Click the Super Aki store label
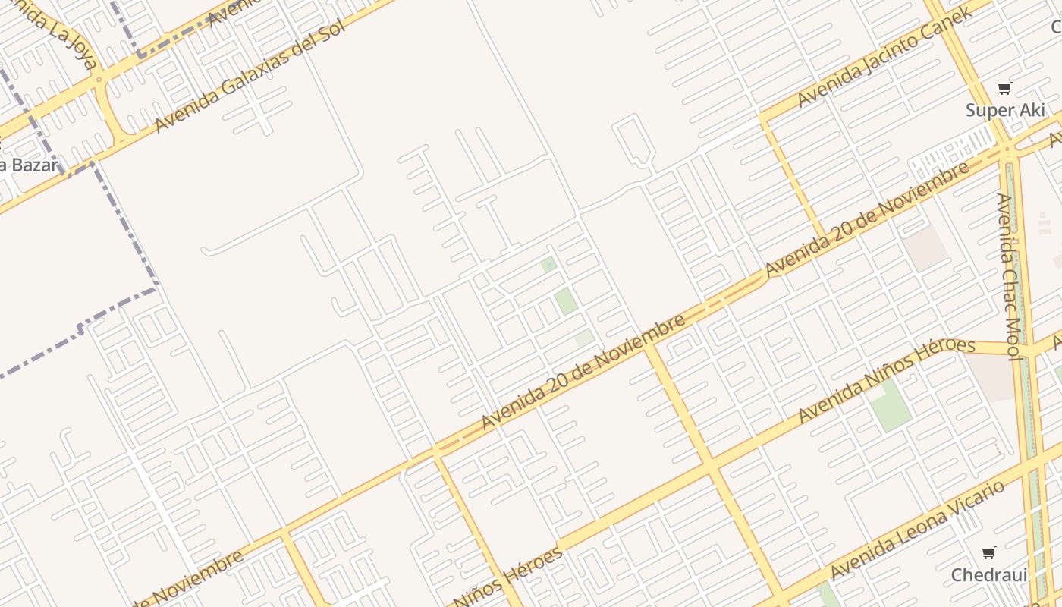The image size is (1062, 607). pos(1004,110)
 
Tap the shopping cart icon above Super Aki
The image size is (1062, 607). pos(1005,89)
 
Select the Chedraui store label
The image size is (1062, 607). pos(988,574)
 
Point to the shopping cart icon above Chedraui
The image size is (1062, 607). pos(988,552)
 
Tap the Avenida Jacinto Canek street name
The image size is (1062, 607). pos(884,57)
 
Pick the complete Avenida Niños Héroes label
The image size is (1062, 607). pos(886,380)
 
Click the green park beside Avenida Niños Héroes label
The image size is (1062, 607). pos(891,405)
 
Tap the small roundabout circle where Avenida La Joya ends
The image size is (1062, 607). pos(99,78)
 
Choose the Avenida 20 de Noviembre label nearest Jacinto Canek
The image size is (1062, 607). pos(867,219)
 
